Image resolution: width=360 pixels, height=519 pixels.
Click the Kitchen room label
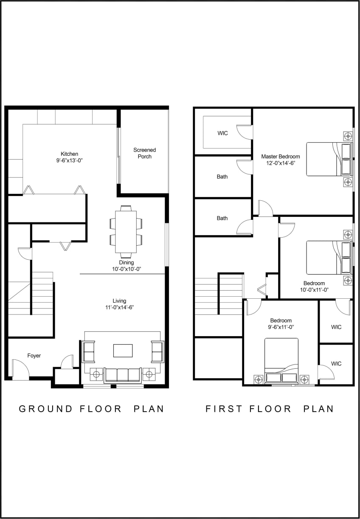(x=69, y=154)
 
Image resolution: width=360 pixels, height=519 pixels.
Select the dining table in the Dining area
(x=126, y=232)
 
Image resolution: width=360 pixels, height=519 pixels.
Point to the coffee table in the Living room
(x=123, y=351)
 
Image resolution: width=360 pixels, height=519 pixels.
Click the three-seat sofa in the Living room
(x=123, y=375)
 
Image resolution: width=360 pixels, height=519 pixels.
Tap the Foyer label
(x=34, y=356)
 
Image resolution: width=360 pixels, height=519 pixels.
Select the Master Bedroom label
(x=280, y=157)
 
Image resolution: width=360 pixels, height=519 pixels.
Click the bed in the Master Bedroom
(x=329, y=159)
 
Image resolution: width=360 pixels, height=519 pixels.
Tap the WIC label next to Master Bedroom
(x=222, y=133)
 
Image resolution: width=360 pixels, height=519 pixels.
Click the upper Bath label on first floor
(x=222, y=177)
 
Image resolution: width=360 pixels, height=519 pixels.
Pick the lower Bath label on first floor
(x=222, y=218)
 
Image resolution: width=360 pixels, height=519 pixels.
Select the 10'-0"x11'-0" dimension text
(x=314, y=290)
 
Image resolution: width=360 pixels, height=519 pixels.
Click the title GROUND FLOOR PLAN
(x=91, y=409)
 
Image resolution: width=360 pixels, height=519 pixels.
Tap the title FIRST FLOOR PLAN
(x=270, y=409)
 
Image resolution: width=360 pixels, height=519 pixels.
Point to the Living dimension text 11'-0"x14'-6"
(x=119, y=307)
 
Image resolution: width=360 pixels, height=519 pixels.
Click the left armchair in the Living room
(x=88, y=351)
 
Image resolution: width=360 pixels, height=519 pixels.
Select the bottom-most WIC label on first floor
(x=336, y=364)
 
